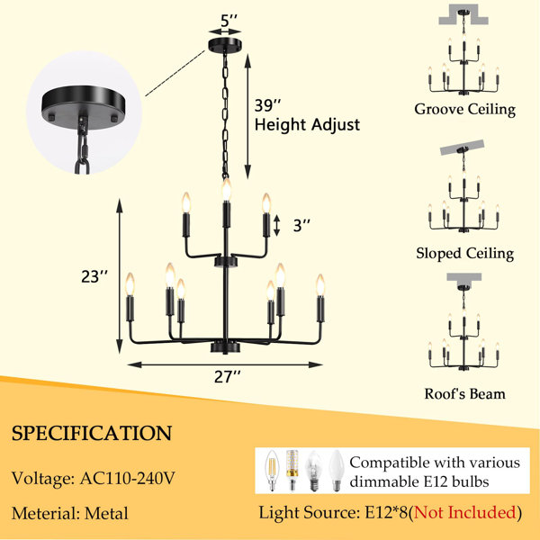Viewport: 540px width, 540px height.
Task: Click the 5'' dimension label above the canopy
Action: (229, 21)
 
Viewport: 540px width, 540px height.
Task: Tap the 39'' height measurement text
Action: (267, 105)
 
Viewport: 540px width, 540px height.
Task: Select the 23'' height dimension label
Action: (94, 276)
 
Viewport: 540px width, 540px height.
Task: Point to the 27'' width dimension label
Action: (227, 376)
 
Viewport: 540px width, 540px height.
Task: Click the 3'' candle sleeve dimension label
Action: (301, 226)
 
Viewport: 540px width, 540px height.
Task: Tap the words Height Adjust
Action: (307, 125)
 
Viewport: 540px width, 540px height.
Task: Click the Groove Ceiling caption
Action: (464, 110)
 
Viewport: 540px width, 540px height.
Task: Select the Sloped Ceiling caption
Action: (464, 253)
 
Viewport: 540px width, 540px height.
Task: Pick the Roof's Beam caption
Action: (464, 393)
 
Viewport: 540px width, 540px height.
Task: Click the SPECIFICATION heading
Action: (92, 433)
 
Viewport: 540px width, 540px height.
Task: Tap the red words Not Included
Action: (465, 512)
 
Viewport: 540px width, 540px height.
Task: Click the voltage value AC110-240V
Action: (128, 478)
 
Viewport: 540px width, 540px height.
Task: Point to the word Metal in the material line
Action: (106, 513)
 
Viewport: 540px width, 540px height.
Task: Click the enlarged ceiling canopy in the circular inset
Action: (84, 107)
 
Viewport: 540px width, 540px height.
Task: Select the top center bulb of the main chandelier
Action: (226, 189)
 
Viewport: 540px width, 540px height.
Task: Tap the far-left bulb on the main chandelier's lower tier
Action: (130, 284)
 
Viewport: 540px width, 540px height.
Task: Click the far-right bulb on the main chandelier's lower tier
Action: (320, 284)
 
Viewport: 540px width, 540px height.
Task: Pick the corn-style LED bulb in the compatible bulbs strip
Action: (292, 470)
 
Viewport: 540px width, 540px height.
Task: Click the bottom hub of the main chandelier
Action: (225, 346)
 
